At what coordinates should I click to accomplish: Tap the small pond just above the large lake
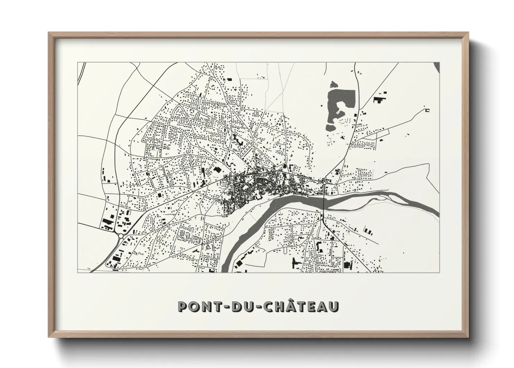(x=334, y=84)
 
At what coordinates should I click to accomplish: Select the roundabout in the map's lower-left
(x=121, y=236)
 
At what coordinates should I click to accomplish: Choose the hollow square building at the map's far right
(x=428, y=111)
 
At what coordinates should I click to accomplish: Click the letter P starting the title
(x=183, y=306)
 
